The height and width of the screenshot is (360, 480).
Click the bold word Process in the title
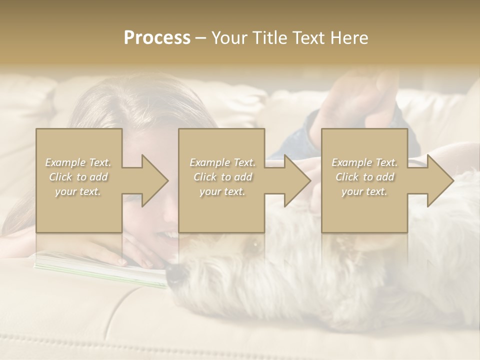157,38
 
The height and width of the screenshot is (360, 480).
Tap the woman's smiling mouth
168,235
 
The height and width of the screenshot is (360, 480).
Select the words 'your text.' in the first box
78,191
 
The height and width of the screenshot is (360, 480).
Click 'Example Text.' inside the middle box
222,162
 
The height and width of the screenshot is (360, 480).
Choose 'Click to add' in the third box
364,177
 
